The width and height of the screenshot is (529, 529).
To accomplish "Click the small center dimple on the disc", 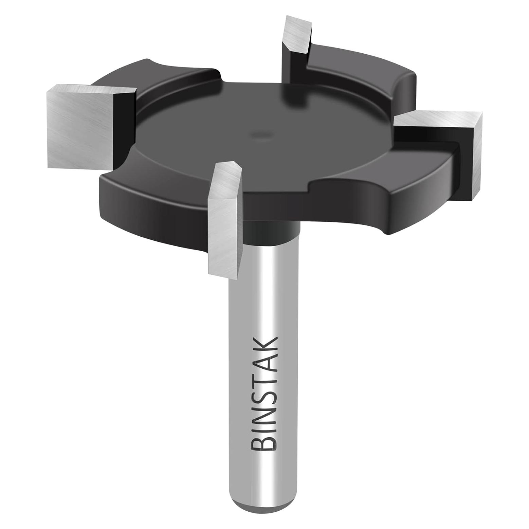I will pos(261,134).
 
